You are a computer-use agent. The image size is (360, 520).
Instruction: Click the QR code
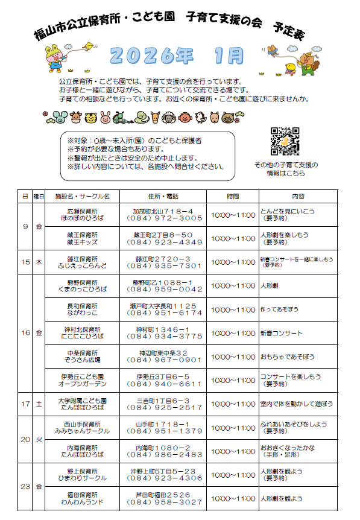[285, 141]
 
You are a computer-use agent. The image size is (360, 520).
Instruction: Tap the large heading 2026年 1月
[178, 56]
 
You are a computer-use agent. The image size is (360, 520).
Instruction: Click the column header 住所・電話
[163, 197]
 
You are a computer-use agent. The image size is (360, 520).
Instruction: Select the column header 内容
[298, 197]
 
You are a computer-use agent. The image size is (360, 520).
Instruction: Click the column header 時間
[233, 197]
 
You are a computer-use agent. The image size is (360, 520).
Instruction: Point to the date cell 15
[25, 262]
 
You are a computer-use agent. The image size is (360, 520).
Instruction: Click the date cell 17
[25, 404]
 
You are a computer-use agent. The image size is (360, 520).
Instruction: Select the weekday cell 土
[39, 404]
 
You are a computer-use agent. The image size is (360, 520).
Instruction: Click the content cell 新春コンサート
[281, 333]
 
